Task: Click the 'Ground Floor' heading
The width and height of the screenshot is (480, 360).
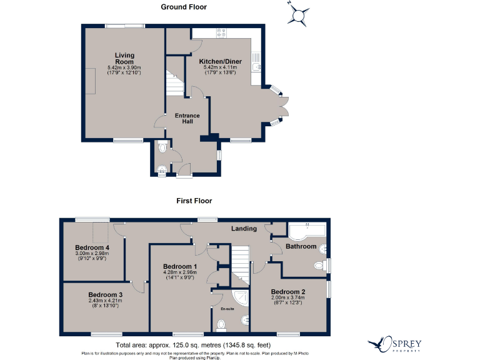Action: point(184,7)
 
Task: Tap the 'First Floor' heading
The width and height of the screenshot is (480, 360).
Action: point(194,201)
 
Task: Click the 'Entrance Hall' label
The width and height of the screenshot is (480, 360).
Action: point(187,119)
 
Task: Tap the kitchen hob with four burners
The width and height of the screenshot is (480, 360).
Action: point(221,33)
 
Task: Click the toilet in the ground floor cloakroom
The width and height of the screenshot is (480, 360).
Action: point(163,149)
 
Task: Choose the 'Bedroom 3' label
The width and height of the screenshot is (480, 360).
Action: point(105,294)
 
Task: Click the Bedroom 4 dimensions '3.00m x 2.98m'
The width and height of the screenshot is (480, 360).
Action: point(92,253)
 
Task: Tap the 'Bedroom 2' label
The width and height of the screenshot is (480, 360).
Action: point(287,292)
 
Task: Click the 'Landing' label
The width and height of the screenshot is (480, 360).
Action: point(243,228)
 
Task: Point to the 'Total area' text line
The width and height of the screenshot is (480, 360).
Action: point(192,345)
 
